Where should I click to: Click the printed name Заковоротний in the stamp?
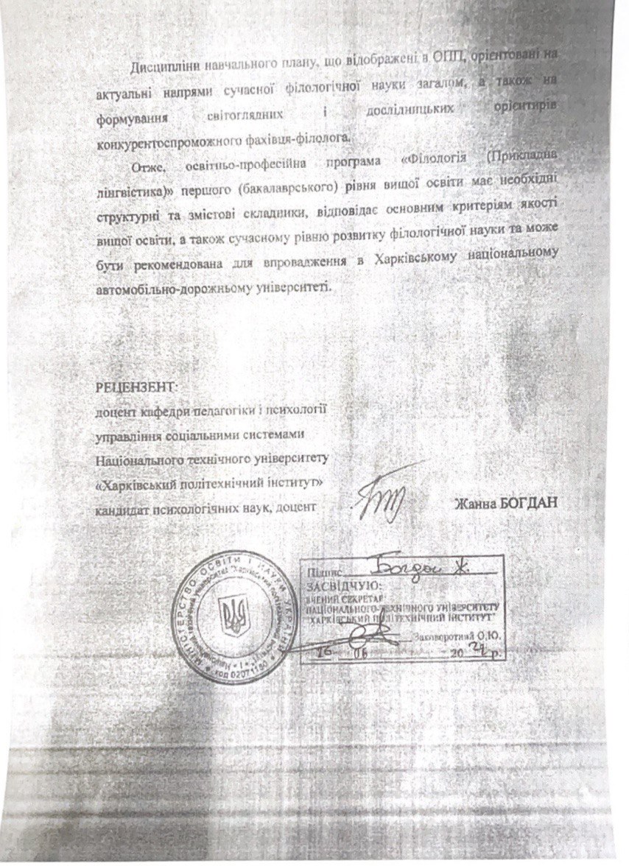[x=443, y=636]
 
